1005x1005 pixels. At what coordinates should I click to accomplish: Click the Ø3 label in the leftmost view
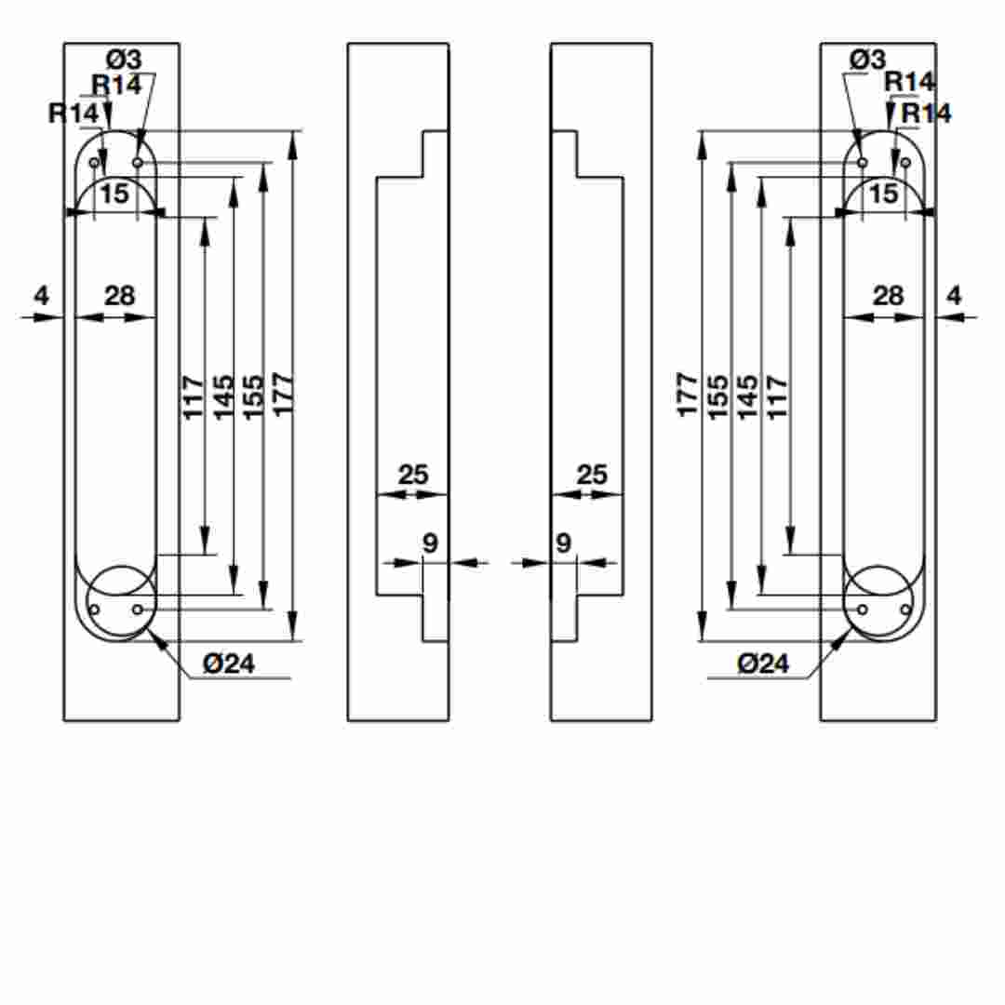click(124, 60)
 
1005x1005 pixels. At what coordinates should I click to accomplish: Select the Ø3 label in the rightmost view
click(867, 60)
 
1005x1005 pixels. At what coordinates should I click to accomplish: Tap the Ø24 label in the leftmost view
click(229, 663)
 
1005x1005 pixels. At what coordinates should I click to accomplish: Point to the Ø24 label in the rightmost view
click(763, 663)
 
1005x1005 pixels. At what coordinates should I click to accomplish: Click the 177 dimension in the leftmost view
click(283, 395)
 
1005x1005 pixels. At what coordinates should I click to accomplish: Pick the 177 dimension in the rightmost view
click(687, 395)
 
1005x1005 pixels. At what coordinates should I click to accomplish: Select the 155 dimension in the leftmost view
click(253, 397)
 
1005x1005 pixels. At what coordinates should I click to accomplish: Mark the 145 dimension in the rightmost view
click(747, 397)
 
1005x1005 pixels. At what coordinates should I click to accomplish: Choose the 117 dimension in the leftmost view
click(193, 398)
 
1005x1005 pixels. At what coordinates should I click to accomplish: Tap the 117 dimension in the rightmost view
click(777, 398)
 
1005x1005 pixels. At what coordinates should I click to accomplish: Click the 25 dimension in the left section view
click(413, 475)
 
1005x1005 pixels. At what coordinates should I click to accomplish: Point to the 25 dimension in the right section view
click(592, 475)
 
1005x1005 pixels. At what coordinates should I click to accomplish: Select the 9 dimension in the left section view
click(430, 543)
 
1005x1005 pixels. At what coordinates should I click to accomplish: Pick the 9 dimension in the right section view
click(563, 543)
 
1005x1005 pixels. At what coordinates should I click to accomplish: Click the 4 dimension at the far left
click(41, 296)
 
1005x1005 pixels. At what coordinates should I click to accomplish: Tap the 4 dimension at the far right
click(955, 296)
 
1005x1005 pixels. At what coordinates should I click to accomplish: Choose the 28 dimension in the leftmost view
click(120, 296)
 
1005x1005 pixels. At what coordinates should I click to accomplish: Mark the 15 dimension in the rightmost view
click(884, 194)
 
